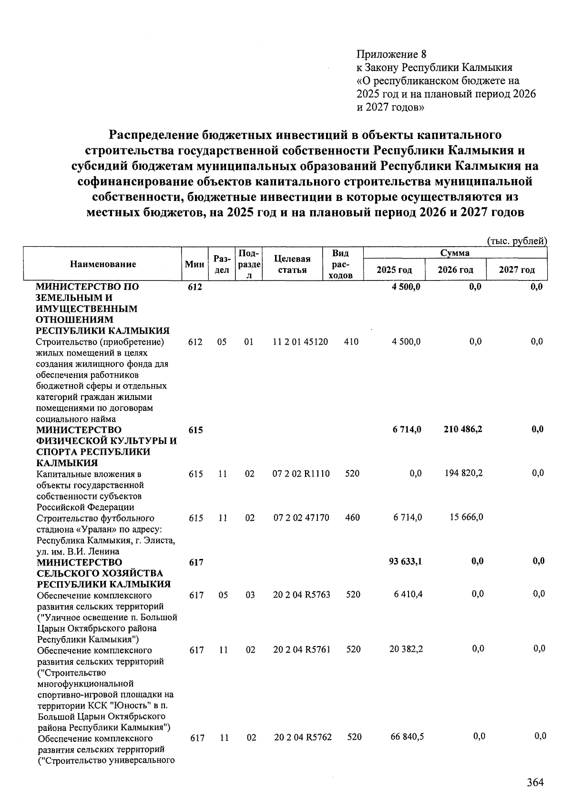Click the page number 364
[x=535, y=782]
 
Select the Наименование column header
[x=103, y=264]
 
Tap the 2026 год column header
[x=455, y=270]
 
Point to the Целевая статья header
[x=292, y=264]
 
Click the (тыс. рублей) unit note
[x=517, y=241]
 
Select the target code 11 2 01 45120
[x=300, y=342]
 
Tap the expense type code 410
[x=351, y=342]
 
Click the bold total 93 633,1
[x=405, y=561]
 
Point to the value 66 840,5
[x=407, y=737]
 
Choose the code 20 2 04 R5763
[x=302, y=595]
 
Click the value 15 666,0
[x=467, y=517]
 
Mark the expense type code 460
[x=352, y=518]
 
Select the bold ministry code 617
[x=196, y=562]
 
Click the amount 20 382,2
[x=406, y=649]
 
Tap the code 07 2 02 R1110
[x=301, y=474]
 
